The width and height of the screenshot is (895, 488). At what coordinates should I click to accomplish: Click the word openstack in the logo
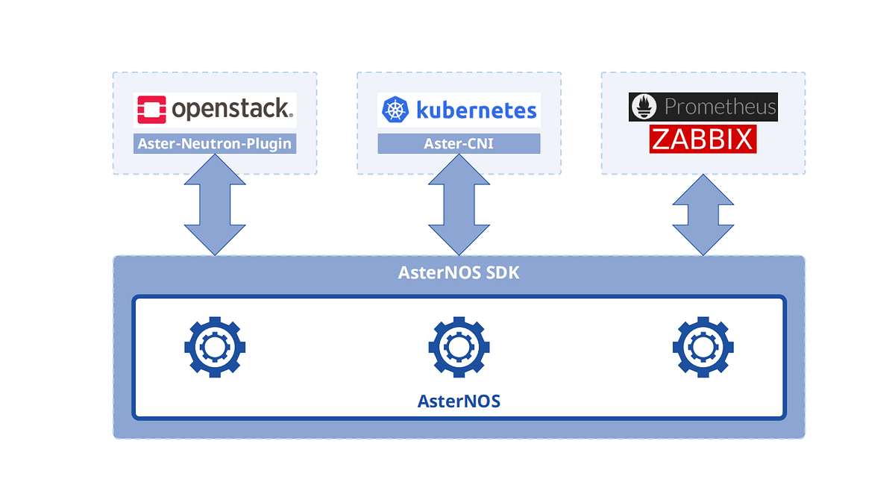pos(231,110)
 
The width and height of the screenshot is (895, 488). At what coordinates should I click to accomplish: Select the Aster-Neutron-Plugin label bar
pos(215,144)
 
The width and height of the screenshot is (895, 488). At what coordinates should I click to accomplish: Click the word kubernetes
pos(476,111)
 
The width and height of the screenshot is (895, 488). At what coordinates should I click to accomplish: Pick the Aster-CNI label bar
pos(458,144)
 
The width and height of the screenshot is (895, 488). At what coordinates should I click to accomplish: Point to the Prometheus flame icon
pos(645,107)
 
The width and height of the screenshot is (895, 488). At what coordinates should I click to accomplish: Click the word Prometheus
pos(720,107)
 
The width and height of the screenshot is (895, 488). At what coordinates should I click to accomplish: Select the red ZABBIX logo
pos(703,139)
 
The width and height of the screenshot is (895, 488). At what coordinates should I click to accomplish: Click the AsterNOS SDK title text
pos(459,273)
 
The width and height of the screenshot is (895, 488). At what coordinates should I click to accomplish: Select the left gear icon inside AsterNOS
pos(215,346)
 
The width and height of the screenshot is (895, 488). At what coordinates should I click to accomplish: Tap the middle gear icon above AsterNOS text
pos(459,346)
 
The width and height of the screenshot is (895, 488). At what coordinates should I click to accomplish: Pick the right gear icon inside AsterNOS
pos(703,346)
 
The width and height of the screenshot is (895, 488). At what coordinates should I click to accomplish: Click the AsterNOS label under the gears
pos(459,401)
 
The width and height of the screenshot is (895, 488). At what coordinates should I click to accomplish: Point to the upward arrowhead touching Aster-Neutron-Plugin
pos(215,169)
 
